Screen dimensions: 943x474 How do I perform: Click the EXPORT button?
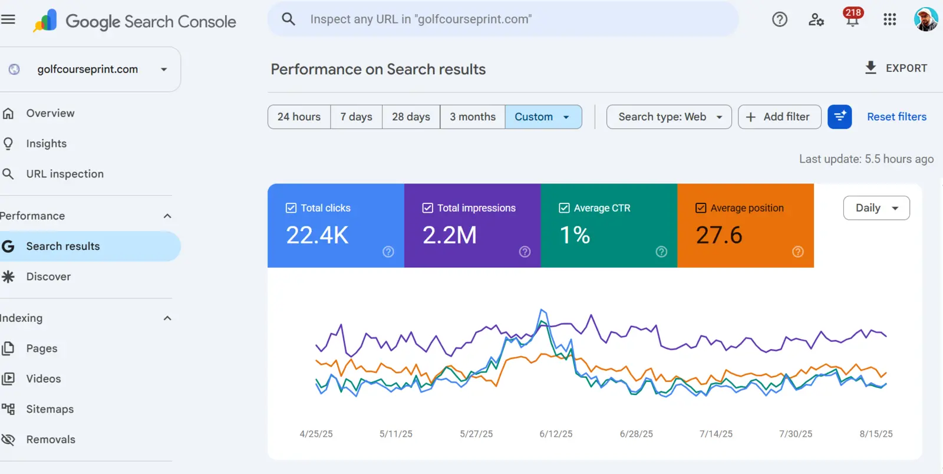[896, 68]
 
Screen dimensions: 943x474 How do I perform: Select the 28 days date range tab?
[411, 117]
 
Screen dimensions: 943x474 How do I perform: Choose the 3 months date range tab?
[472, 117]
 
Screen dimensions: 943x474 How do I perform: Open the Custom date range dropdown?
[543, 117]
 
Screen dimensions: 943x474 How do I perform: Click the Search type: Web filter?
[669, 117]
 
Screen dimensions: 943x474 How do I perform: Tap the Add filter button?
[779, 117]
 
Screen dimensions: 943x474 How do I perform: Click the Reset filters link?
[896, 117]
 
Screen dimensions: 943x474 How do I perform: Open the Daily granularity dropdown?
[876, 208]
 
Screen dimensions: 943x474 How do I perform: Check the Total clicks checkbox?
[291, 208]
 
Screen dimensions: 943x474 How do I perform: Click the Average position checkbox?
[701, 208]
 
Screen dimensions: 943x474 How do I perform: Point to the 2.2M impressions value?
[450, 235]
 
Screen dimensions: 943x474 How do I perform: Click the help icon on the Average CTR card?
[661, 252]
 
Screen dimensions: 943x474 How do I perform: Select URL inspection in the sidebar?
[65, 174]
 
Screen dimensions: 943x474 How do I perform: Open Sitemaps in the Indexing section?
[50, 409]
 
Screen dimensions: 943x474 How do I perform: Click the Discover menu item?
[48, 276]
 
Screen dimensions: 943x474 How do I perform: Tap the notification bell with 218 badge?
[852, 18]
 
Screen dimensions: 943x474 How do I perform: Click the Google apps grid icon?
[889, 19]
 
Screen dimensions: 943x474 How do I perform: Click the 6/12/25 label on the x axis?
[556, 434]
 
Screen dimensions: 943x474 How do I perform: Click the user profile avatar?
[925, 19]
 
